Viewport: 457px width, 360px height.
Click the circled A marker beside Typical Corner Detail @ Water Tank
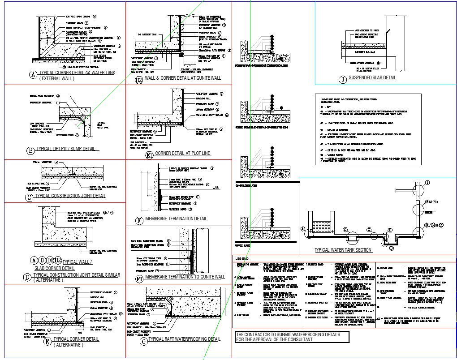[32, 75]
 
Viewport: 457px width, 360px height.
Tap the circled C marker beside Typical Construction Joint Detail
[30, 196]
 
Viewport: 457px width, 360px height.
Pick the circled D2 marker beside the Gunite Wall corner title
[139, 80]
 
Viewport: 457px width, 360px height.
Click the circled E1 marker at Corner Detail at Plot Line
[149, 155]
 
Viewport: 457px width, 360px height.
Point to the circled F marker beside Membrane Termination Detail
[139, 220]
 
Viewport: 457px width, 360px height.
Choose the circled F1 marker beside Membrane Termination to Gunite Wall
[139, 279]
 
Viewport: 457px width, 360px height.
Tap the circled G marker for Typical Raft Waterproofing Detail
[144, 341]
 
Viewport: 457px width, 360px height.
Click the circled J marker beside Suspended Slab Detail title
[343, 80]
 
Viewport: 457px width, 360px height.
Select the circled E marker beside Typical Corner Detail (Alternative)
[48, 342]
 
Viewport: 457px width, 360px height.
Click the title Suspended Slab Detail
[372, 78]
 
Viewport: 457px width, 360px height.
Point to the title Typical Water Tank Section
[343, 250]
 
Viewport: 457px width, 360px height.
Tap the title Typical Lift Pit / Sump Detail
[67, 149]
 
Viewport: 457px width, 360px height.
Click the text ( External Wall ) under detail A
[57, 79]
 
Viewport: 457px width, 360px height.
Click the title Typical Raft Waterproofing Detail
[184, 339]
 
